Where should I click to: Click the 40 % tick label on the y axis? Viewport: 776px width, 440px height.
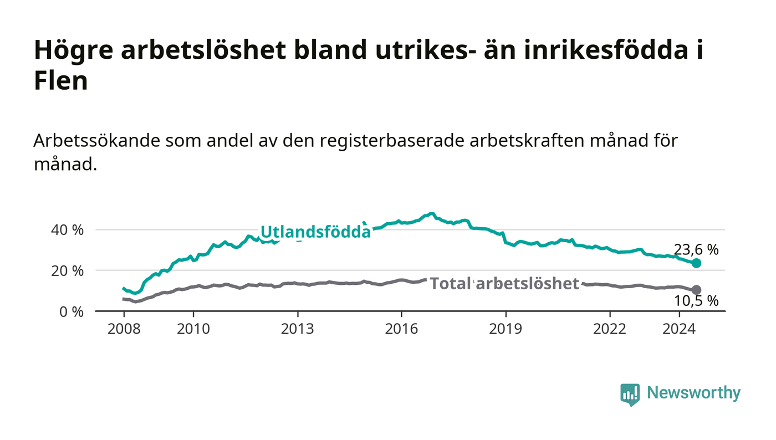pyautogui.click(x=67, y=230)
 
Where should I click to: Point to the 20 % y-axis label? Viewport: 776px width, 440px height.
pyautogui.click(x=67, y=271)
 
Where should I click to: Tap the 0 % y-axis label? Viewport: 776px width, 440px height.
pyautogui.click(x=72, y=312)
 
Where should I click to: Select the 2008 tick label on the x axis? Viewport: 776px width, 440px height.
pyautogui.click(x=124, y=329)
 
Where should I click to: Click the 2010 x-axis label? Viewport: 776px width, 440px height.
pyautogui.click(x=193, y=329)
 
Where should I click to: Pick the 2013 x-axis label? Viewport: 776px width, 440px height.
pyautogui.click(x=297, y=329)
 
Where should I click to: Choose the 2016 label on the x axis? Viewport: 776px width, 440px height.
pyautogui.click(x=401, y=329)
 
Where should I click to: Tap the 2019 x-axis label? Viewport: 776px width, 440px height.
pyautogui.click(x=506, y=329)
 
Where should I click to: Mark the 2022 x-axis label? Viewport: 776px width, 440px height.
pyautogui.click(x=610, y=329)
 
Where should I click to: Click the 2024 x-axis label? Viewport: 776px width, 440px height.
pyautogui.click(x=679, y=329)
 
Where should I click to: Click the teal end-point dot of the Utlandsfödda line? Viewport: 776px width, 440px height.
pyautogui.click(x=696, y=263)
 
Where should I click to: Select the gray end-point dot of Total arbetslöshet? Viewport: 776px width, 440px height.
pyautogui.click(x=696, y=290)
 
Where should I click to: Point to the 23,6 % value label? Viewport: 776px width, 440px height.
pyautogui.click(x=696, y=249)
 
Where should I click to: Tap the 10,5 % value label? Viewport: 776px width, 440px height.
pyautogui.click(x=696, y=301)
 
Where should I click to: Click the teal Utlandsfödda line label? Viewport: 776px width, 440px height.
pyautogui.click(x=315, y=232)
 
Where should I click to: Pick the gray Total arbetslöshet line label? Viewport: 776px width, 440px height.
pyautogui.click(x=504, y=283)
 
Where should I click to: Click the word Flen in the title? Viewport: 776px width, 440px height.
pyautogui.click(x=61, y=80)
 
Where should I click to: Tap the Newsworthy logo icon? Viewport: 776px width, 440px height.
pyautogui.click(x=630, y=395)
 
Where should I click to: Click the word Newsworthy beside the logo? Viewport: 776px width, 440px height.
pyautogui.click(x=693, y=393)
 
